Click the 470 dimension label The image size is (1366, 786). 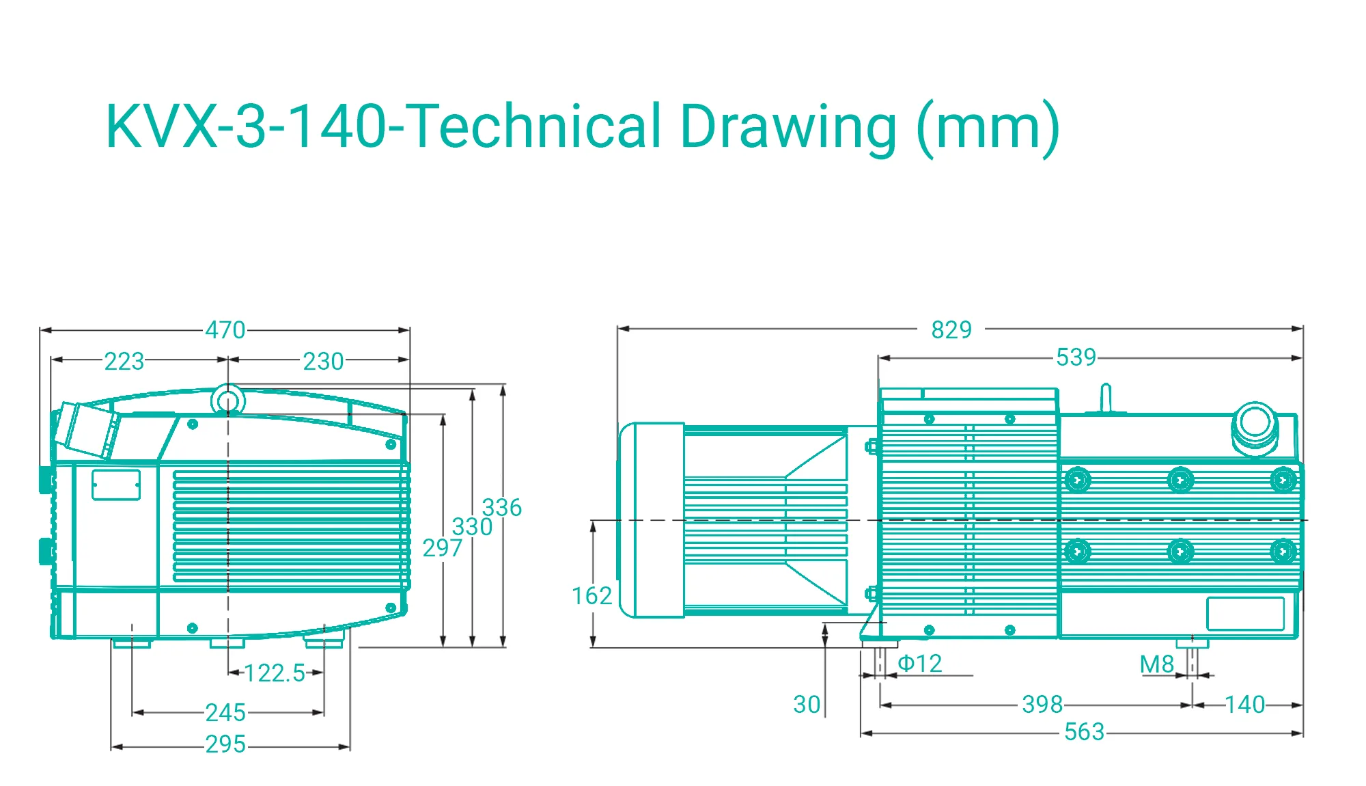point(225,330)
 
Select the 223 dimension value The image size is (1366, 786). point(124,361)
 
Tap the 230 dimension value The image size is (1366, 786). point(323,361)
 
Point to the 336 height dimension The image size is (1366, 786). point(502,507)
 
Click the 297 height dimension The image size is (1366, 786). point(443,547)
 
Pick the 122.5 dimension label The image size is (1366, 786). point(275,673)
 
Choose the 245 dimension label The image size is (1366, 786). point(225,713)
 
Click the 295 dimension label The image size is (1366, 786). point(225,744)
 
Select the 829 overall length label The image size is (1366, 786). point(951,329)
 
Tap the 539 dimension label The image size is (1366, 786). point(1076,357)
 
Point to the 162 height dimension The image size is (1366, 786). point(591,596)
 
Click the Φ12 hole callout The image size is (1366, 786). point(919,663)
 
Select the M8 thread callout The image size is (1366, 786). point(1157,664)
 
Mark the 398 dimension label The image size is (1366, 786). point(1042,704)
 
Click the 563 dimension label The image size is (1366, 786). point(1085,732)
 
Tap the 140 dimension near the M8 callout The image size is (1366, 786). point(1245,704)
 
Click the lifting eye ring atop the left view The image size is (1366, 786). point(228,386)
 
